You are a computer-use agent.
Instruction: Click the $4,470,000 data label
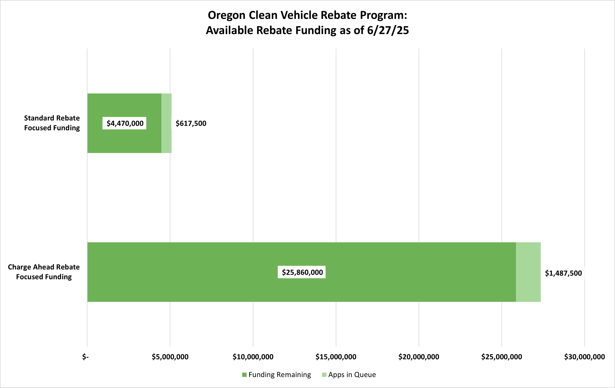click(x=125, y=123)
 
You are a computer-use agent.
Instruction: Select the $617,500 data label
click(x=191, y=123)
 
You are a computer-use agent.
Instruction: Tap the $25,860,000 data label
click(x=302, y=272)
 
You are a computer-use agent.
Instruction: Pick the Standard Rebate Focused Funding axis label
click(x=52, y=123)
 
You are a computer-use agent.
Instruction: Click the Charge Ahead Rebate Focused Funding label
click(x=44, y=272)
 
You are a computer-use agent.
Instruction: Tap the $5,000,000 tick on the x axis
click(x=170, y=357)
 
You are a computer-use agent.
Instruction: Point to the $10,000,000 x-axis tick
click(x=253, y=357)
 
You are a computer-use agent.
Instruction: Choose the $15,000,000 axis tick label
click(x=336, y=357)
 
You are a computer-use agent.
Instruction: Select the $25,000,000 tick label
click(x=501, y=357)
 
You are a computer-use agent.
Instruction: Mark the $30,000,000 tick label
click(x=584, y=357)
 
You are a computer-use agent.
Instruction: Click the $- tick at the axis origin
click(x=86, y=357)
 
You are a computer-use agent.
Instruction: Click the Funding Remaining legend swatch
click(x=244, y=375)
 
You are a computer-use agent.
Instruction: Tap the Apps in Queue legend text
click(x=352, y=375)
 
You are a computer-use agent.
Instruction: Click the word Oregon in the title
click(x=227, y=15)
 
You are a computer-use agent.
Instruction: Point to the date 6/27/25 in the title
click(x=388, y=30)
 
